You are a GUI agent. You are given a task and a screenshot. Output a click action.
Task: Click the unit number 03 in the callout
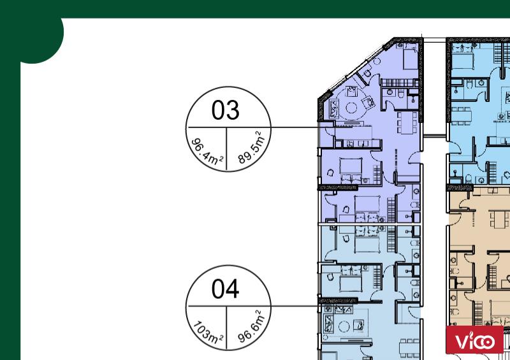226,110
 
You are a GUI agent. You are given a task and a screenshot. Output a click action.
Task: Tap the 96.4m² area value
207,151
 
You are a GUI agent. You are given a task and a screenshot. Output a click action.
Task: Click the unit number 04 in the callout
226,289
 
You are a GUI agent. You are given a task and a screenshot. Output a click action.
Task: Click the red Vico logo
474,340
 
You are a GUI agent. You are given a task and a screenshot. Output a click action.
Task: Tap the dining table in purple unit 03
407,122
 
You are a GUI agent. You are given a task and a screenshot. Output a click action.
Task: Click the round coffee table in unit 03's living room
351,108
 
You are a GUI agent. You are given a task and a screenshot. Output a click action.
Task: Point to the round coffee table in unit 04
344,326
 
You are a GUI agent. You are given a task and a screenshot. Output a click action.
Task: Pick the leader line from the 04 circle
295,306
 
